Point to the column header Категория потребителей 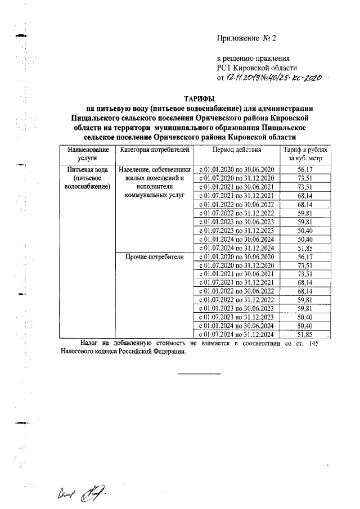coord(152,151)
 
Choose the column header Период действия coord(236,151)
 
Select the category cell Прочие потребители coord(152,256)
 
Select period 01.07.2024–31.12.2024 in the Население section coord(236,248)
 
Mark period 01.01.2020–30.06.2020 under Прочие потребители coord(236,256)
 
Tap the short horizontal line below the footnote coord(200,373)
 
